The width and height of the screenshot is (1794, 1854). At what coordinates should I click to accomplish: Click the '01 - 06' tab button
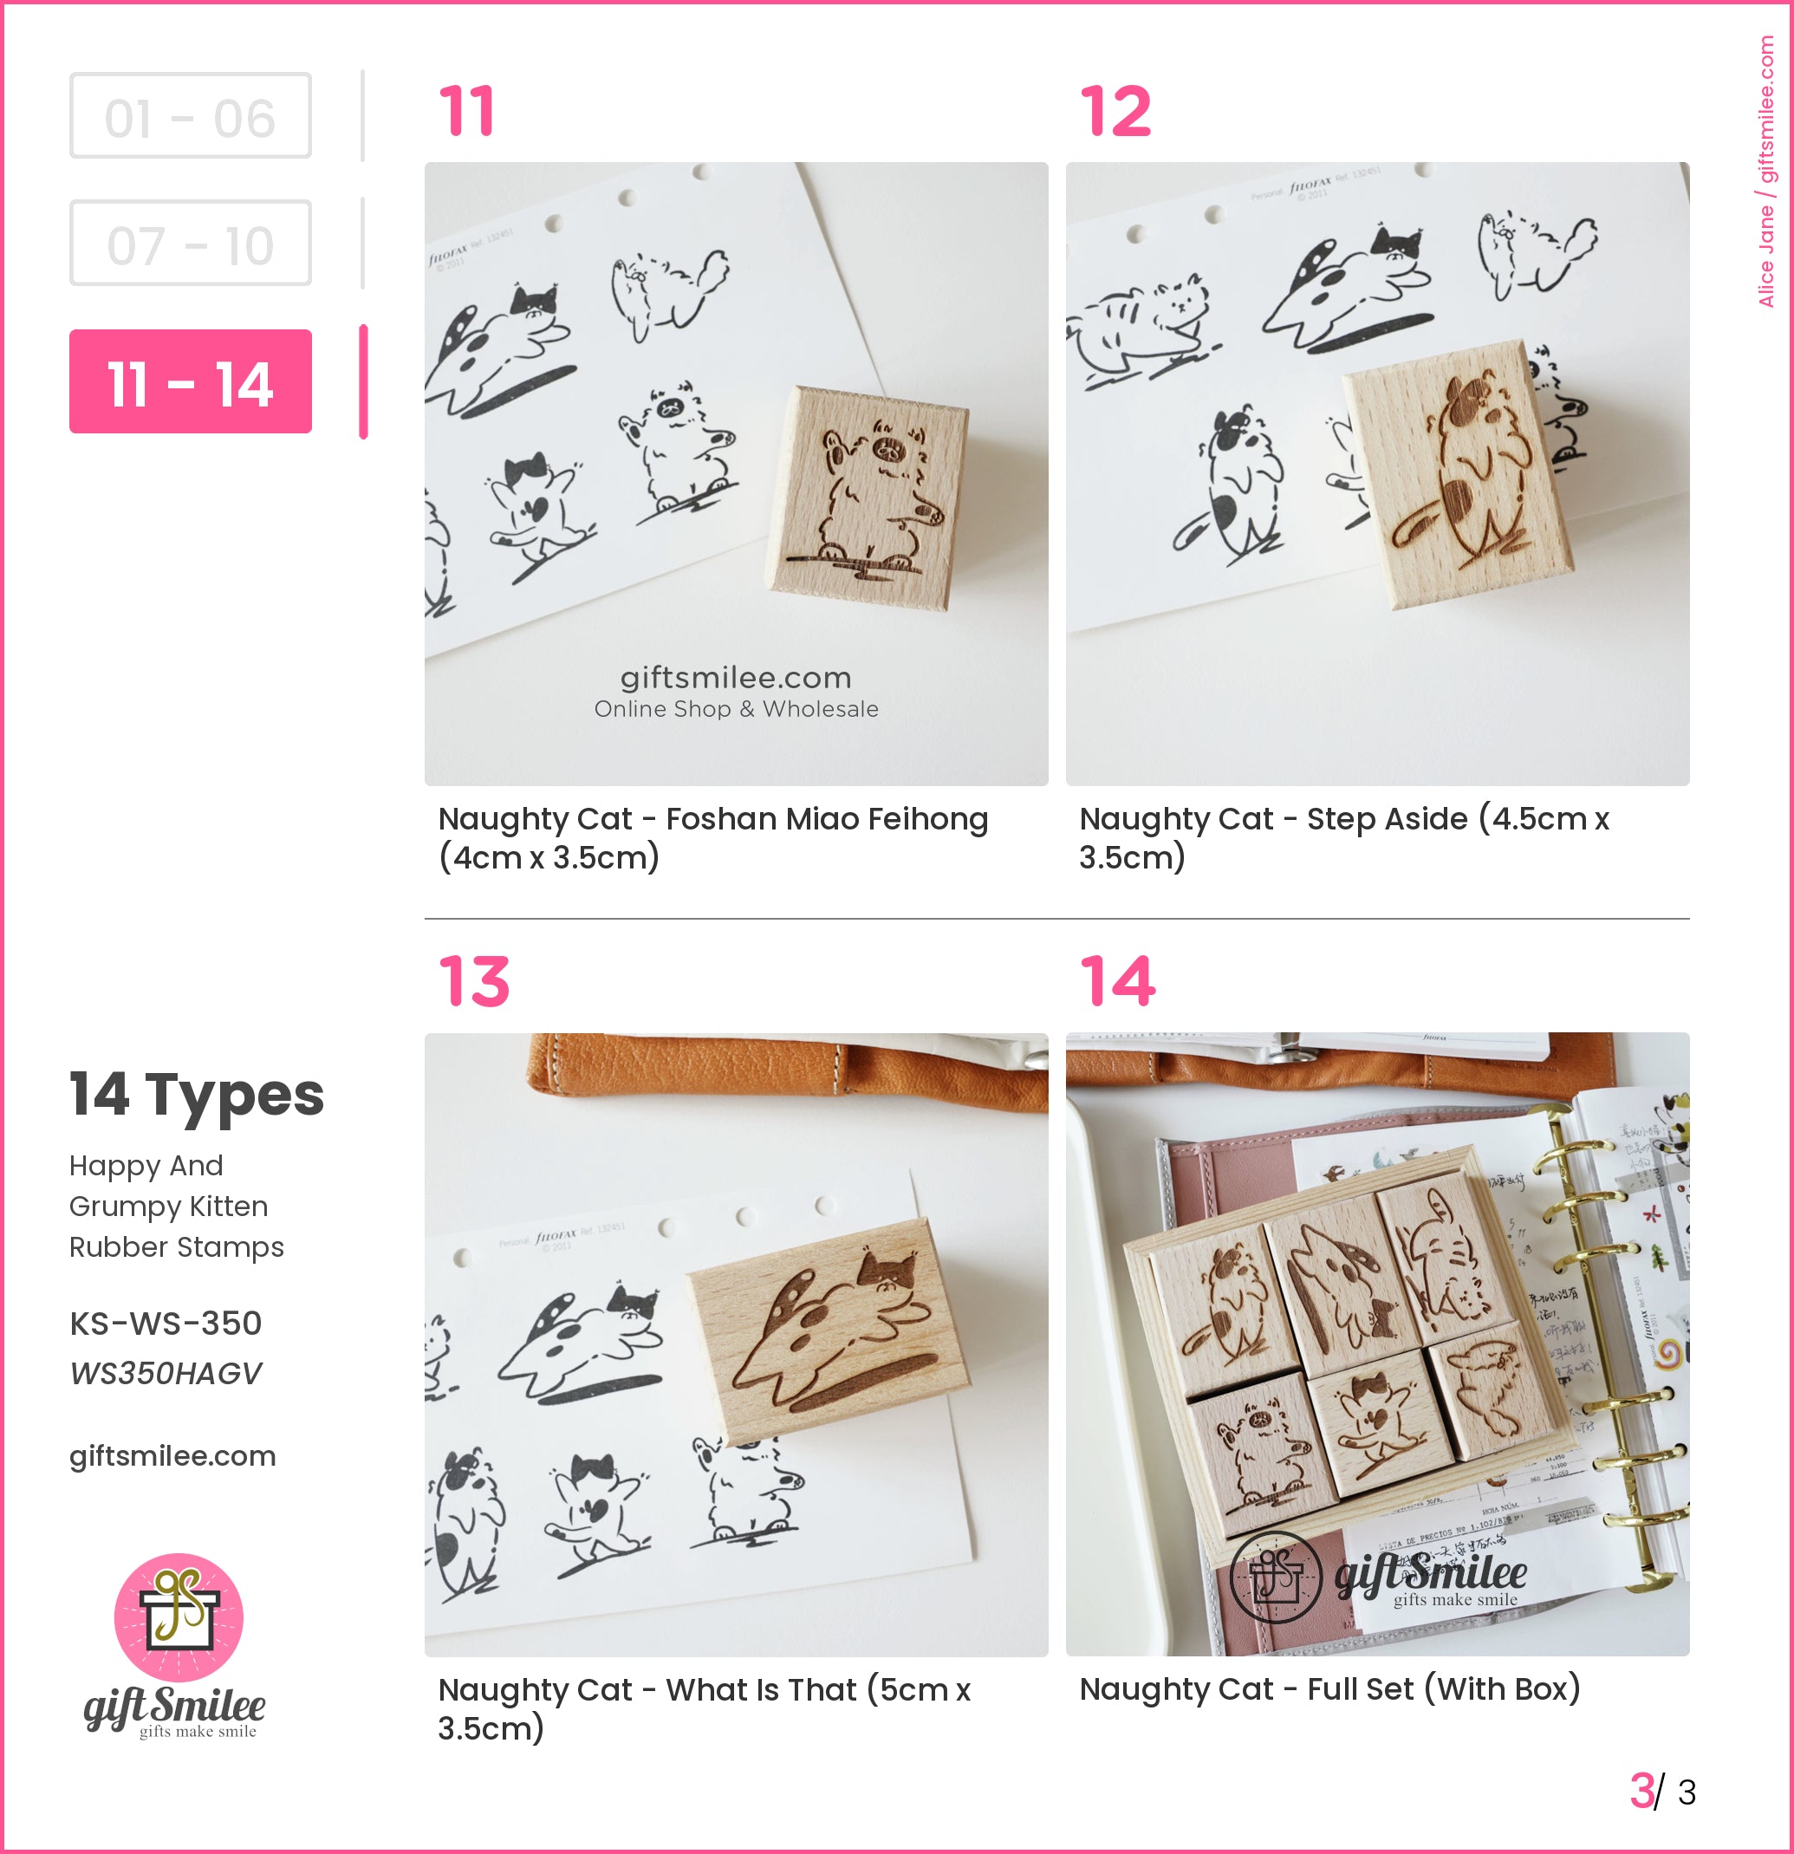coord(190,116)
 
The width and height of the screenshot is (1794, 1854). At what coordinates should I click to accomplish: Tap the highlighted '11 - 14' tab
coord(190,382)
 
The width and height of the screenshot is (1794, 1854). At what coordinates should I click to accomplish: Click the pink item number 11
coord(467,112)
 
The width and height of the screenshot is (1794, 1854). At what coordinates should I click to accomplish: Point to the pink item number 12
coord(1116,112)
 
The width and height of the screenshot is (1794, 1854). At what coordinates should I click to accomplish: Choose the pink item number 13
coord(474,982)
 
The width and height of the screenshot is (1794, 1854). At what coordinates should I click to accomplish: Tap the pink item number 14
coord(1118,982)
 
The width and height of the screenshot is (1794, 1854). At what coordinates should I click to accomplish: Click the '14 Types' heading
coord(197,1096)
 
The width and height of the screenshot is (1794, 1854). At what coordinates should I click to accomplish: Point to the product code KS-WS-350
coord(166,1324)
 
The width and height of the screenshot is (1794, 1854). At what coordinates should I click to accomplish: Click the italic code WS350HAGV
coord(166,1374)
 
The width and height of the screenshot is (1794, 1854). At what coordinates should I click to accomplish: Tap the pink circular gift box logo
coord(179,1617)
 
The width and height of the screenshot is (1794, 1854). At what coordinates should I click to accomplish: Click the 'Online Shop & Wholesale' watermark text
coord(736,709)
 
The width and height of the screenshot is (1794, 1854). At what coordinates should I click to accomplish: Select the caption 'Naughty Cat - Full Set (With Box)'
coord(1329,1689)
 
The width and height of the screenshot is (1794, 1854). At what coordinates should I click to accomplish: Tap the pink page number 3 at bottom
coord(1641,1792)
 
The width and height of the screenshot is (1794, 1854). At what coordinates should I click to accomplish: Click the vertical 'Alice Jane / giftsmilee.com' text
coord(1765,170)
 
